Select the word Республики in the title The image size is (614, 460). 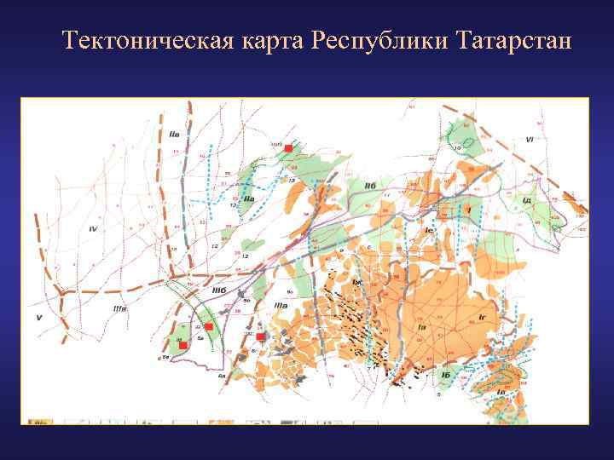click(x=380, y=40)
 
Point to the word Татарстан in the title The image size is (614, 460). click(x=514, y=40)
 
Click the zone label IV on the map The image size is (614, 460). click(x=93, y=229)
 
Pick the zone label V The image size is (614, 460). click(x=38, y=317)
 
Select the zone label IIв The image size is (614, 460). click(x=175, y=134)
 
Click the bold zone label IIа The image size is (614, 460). click(x=249, y=200)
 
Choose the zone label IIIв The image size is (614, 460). click(x=120, y=308)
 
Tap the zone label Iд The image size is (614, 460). click(x=527, y=200)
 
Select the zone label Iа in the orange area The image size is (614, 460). click(x=421, y=328)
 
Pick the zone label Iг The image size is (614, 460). click(x=482, y=317)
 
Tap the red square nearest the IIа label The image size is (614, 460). click(x=288, y=148)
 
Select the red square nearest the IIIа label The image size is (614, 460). click(x=261, y=336)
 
